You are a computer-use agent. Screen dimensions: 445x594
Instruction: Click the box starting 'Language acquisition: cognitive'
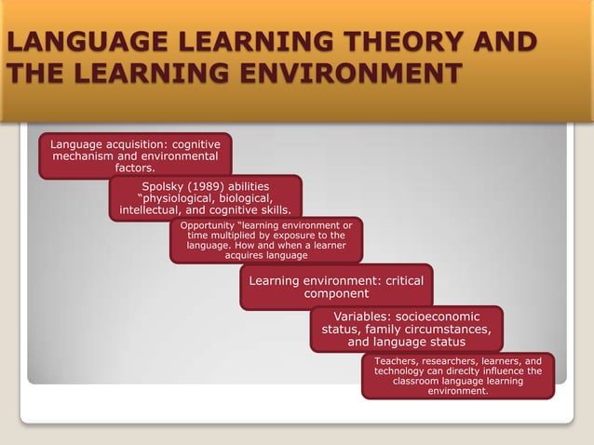click(135, 156)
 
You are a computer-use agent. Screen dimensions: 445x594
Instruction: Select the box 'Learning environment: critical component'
click(336, 287)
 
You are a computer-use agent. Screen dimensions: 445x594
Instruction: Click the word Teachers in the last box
click(398, 360)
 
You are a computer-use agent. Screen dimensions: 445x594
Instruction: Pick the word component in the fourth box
click(336, 293)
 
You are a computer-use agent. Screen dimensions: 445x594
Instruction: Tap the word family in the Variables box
click(389, 329)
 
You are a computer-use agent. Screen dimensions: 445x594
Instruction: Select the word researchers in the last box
click(460, 360)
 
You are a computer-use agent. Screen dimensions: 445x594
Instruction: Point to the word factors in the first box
click(135, 169)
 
